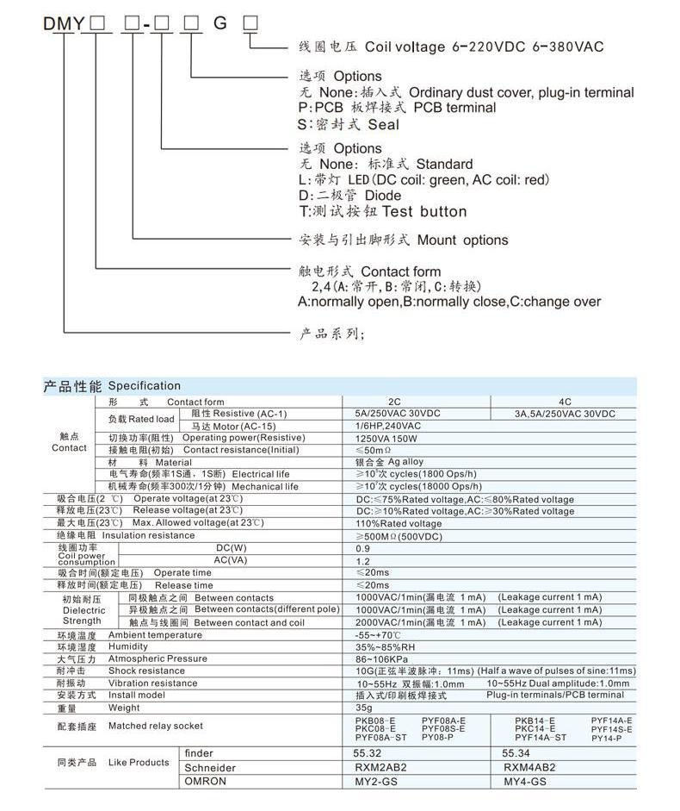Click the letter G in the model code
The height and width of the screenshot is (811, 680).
(220, 23)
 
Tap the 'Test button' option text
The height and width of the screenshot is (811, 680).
(423, 211)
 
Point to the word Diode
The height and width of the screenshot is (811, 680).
(383, 196)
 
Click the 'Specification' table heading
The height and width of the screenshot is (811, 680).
(145, 385)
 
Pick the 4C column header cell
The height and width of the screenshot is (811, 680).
(565, 402)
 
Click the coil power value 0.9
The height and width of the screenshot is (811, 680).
(362, 548)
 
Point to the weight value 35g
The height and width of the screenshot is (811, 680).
(363, 708)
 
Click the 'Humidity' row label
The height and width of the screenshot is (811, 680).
(128, 646)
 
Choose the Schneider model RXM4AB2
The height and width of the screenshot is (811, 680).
(529, 767)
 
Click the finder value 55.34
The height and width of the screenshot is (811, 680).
(516, 753)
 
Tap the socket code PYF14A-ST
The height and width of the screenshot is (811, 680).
(541, 738)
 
